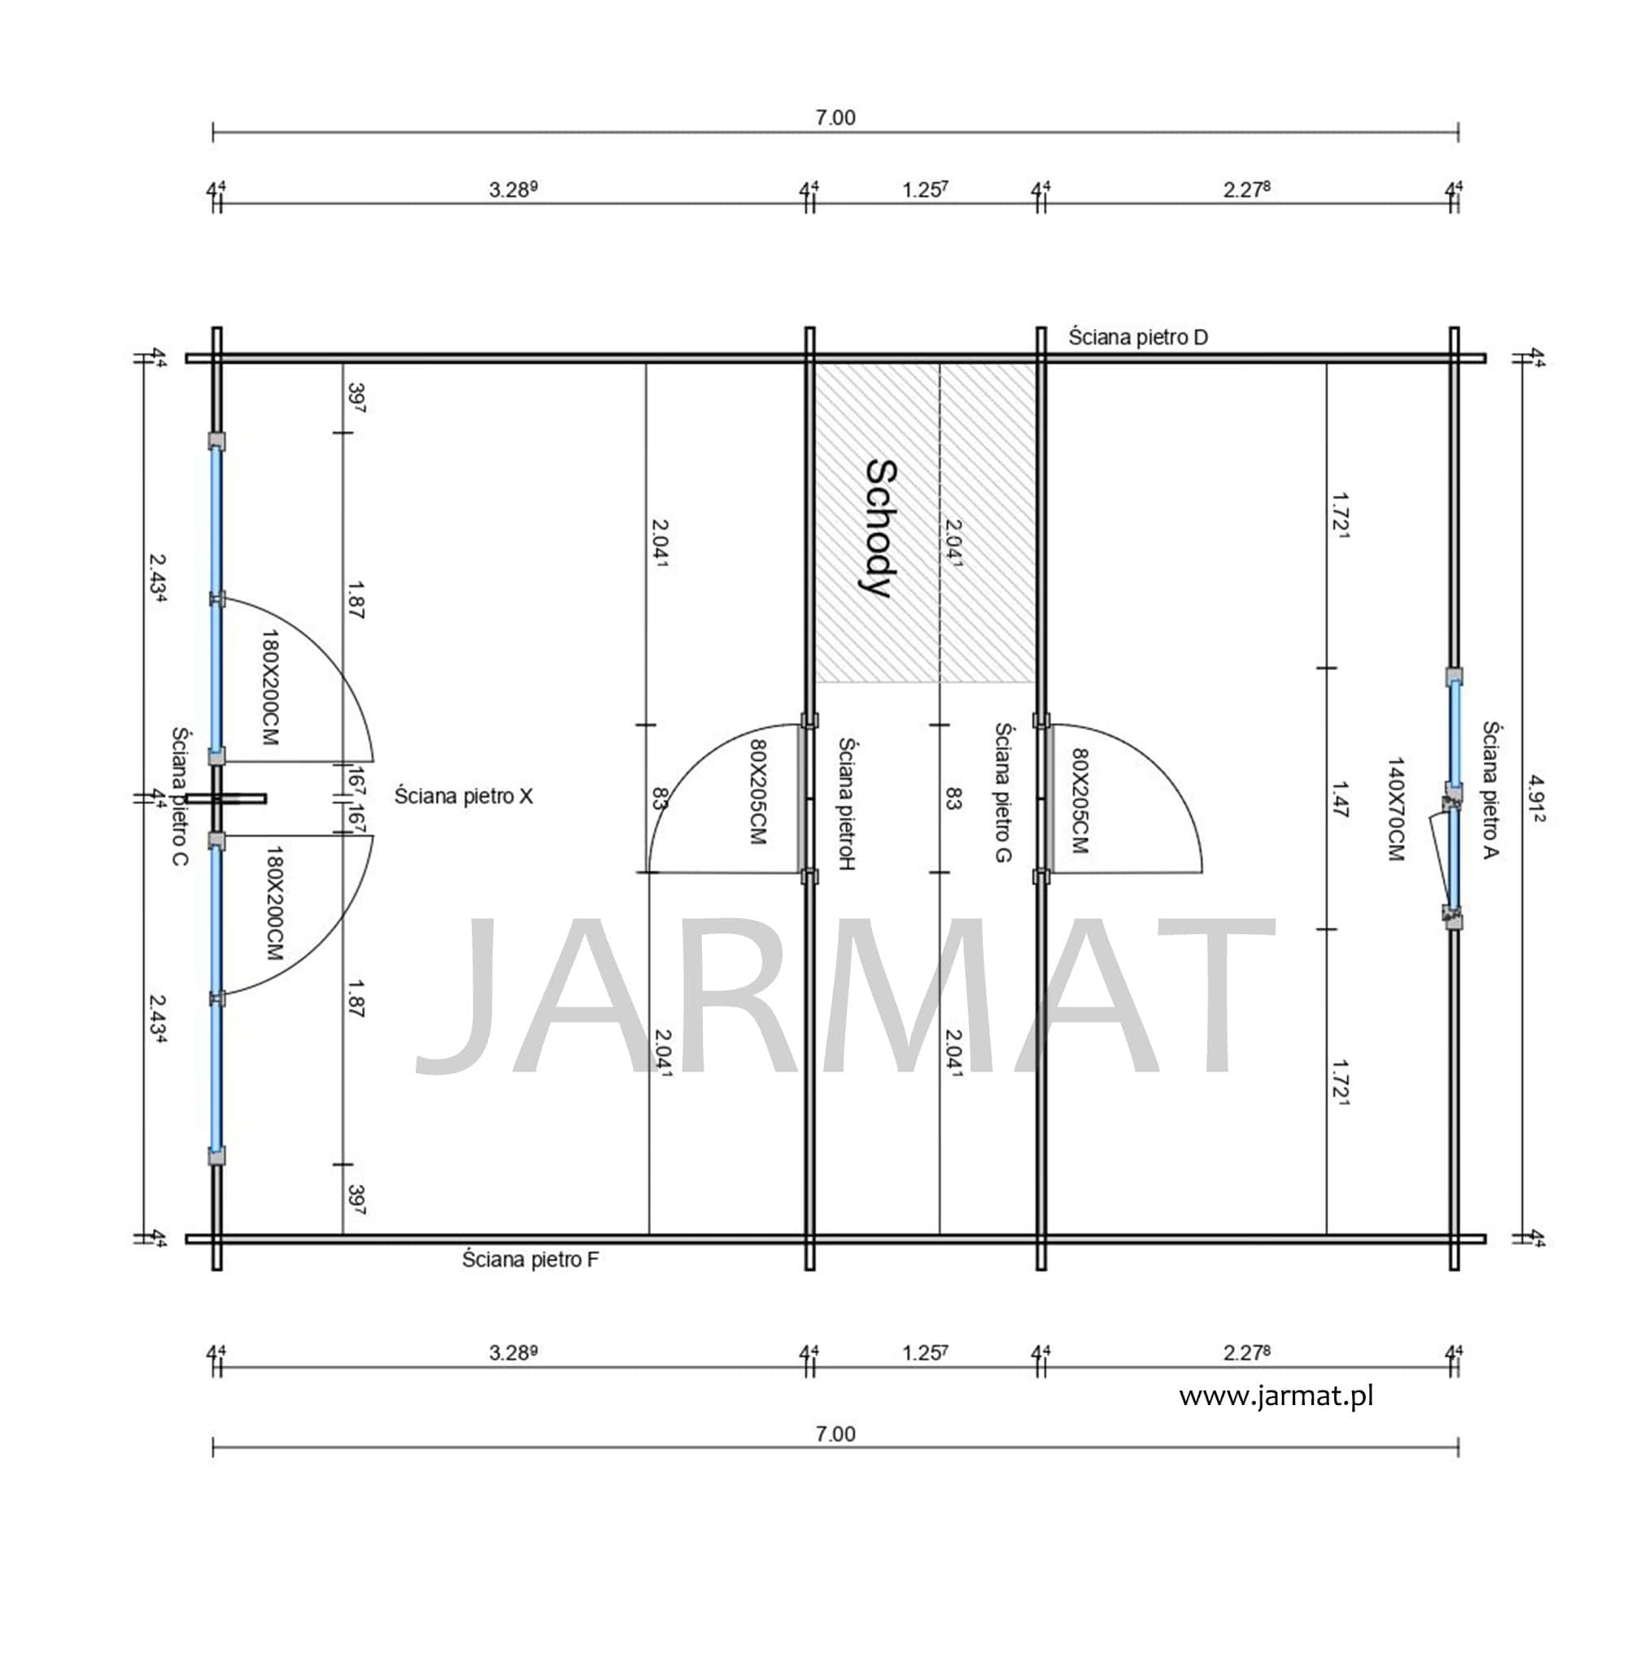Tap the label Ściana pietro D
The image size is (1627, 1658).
pyautogui.click(x=1138, y=337)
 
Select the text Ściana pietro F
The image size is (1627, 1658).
pyautogui.click(x=530, y=1259)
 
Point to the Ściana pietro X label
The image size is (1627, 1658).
pyautogui.click(x=463, y=796)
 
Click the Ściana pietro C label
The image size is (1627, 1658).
pyautogui.click(x=180, y=796)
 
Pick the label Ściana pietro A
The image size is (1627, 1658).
pyautogui.click(x=1491, y=790)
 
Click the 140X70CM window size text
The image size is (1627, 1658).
pyautogui.click(x=1395, y=808)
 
